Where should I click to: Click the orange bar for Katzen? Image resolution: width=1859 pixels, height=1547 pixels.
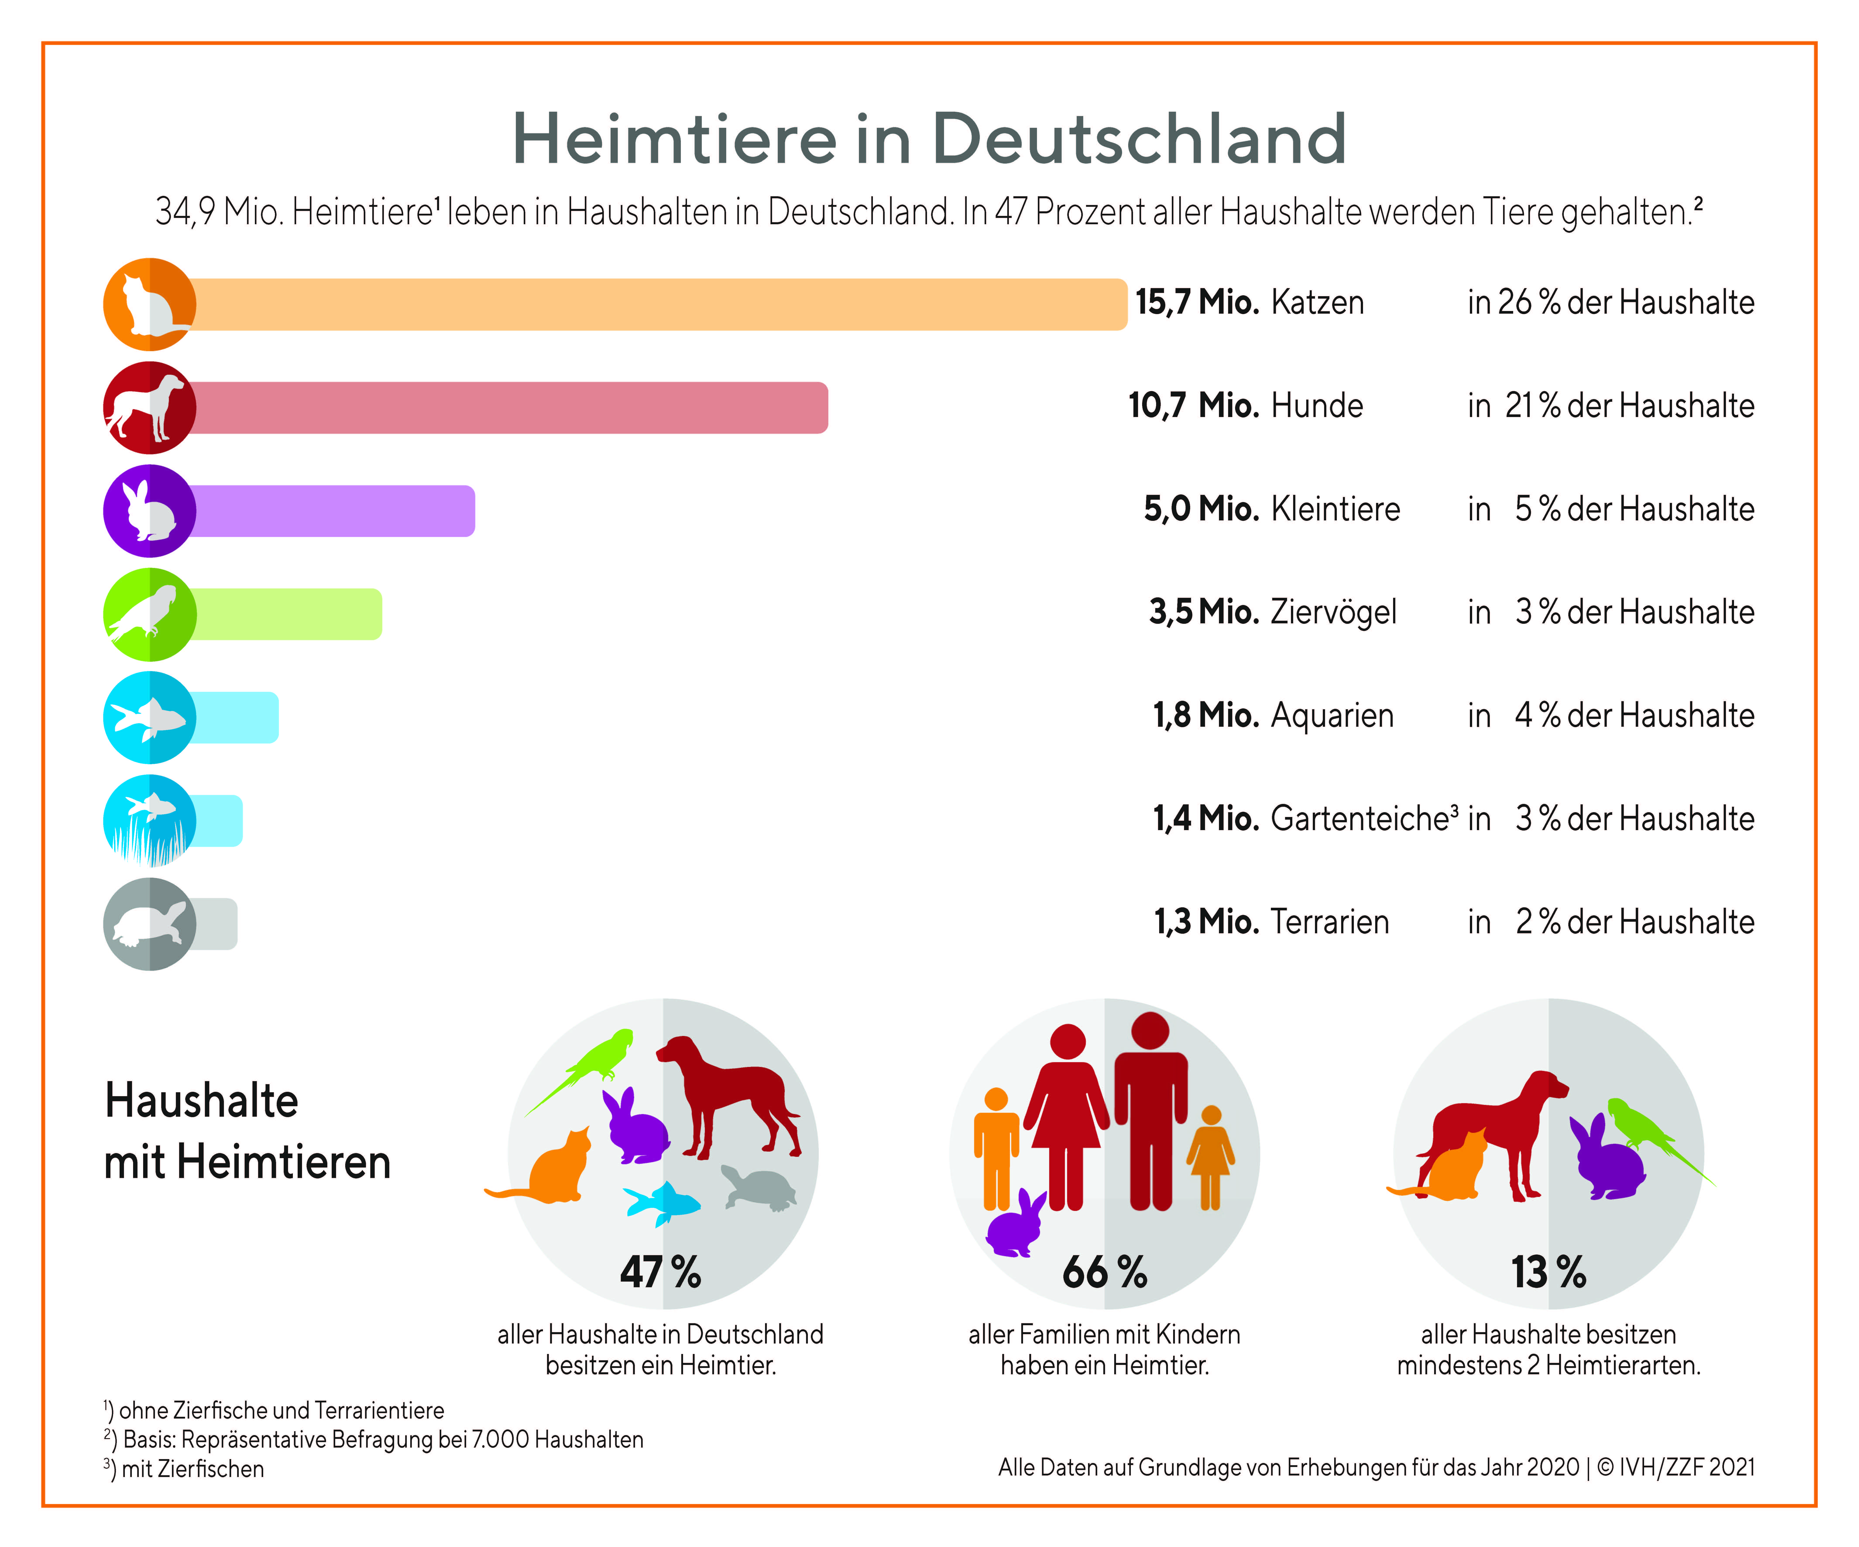pos(655,304)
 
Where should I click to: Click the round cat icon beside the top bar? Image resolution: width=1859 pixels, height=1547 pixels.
pos(149,304)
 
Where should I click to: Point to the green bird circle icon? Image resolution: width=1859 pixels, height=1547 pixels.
pos(149,614)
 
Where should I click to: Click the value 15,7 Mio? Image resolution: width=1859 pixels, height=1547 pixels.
pos(1197,303)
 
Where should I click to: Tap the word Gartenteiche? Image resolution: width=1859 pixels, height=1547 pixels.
pos(1360,819)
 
